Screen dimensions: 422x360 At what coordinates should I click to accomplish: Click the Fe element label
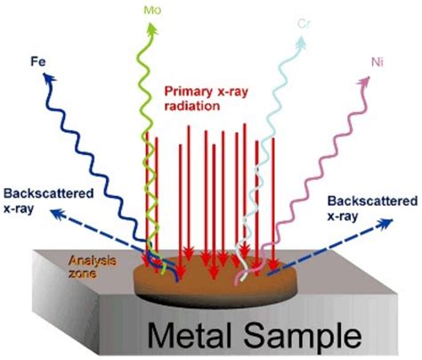coord(38,61)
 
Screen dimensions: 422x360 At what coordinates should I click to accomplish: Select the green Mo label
coord(152,10)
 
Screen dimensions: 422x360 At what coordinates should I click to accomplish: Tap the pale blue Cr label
coord(304,24)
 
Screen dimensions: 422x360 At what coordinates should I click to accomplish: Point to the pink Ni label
coord(377,62)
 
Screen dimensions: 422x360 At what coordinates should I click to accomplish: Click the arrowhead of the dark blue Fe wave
coord(49,78)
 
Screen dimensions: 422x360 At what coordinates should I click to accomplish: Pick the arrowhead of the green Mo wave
coord(152,29)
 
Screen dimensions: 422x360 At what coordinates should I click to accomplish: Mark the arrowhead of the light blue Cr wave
coord(299,42)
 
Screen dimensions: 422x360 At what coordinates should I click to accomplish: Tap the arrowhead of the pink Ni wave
coord(365,81)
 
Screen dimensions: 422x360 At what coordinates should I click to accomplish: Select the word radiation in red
coord(192,106)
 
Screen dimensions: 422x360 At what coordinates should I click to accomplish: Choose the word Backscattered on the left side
coord(49,193)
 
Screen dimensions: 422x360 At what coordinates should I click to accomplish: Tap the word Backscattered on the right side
coord(372,201)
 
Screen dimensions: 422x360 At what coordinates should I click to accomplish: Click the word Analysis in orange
coord(93,261)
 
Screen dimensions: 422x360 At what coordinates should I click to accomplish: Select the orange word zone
coord(83,273)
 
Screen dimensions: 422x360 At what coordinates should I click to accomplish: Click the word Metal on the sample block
coord(189,336)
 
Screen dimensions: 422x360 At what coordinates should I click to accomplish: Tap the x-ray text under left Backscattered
coord(19,209)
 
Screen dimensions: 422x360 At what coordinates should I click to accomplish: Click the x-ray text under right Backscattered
coord(343,217)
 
